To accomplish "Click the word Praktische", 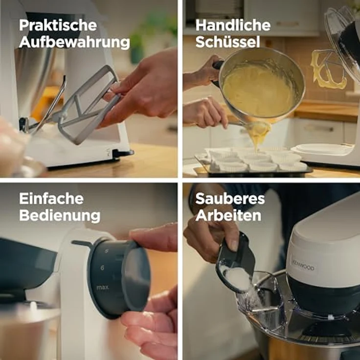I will (x=58, y=26).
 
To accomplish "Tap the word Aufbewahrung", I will (x=74, y=43).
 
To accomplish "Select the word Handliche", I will (x=233, y=26).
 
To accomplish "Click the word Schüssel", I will (x=227, y=43).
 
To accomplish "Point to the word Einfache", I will (x=51, y=199).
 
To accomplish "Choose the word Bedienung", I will (x=60, y=216).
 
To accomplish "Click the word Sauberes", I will (x=230, y=199).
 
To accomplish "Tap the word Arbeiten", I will (x=228, y=216).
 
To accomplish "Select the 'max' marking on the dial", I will (x=102, y=287).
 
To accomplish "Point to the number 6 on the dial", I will (x=103, y=268).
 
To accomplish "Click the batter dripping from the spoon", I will (x=258, y=133).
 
